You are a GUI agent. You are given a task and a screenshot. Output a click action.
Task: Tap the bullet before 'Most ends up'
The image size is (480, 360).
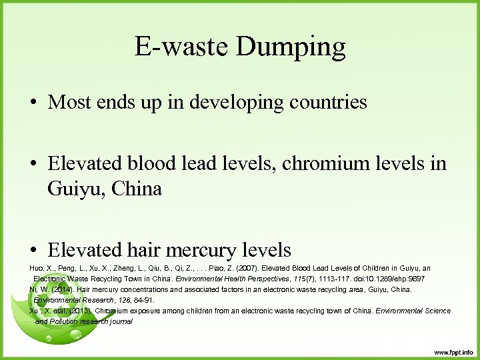coord(34,103)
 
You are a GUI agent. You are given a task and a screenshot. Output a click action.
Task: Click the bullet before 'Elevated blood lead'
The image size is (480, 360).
coord(34,164)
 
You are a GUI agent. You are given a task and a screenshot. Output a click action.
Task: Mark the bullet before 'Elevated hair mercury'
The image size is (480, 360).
coord(34,251)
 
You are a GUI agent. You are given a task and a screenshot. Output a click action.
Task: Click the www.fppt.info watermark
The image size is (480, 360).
coord(453,351)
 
